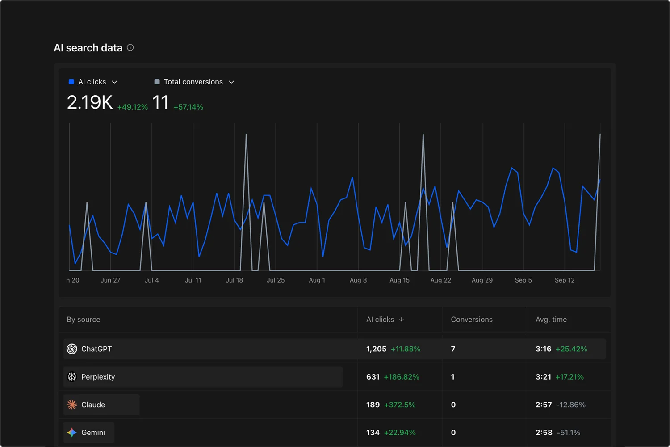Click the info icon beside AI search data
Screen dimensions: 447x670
(130, 47)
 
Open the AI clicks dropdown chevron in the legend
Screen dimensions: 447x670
(114, 82)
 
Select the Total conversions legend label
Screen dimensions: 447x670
(193, 82)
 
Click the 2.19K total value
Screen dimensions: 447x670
(90, 102)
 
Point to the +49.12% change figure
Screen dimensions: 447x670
(132, 107)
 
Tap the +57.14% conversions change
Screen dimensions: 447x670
(188, 107)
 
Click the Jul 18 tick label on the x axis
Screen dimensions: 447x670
(234, 280)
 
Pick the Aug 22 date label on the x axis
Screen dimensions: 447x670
(440, 280)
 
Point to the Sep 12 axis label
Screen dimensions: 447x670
(565, 280)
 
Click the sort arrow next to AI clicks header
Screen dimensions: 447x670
(402, 320)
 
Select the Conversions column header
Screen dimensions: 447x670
(471, 320)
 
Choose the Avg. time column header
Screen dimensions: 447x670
(551, 320)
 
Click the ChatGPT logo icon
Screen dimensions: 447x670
(72, 349)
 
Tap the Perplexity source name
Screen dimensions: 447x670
(98, 377)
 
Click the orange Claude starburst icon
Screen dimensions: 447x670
(72, 405)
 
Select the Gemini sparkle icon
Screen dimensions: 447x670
(72, 433)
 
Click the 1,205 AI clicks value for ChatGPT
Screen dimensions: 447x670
(376, 349)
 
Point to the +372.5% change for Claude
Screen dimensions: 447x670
(399, 405)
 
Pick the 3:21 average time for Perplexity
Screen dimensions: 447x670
(543, 377)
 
